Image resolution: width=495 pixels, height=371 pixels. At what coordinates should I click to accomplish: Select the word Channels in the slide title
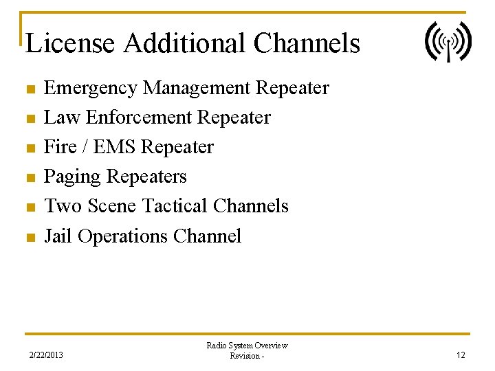(x=307, y=43)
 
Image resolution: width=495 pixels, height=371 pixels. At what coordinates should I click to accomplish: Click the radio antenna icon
(x=448, y=42)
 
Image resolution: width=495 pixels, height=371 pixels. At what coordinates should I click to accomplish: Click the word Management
(x=199, y=89)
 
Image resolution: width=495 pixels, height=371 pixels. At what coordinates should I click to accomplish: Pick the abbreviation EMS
(x=109, y=147)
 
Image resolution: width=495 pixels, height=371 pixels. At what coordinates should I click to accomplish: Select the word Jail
(x=58, y=236)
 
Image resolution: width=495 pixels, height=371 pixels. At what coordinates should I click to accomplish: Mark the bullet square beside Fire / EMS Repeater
(x=29, y=148)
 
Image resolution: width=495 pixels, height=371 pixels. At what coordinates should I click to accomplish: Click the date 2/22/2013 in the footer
(x=45, y=355)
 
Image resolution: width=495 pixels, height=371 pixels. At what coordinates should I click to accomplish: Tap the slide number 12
(x=461, y=355)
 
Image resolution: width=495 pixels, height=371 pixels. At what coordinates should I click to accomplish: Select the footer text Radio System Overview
(x=247, y=346)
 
